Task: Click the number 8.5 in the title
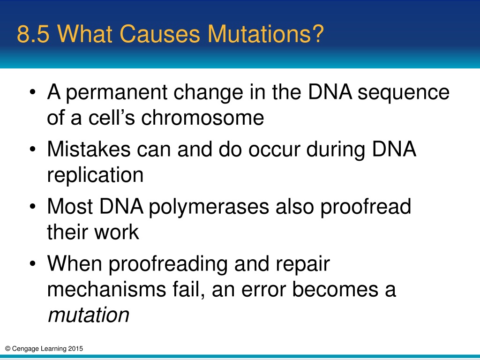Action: click(33, 34)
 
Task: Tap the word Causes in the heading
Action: click(159, 34)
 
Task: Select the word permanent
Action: click(117, 92)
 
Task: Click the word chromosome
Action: click(202, 118)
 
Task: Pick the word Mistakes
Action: click(89, 149)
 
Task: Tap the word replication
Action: click(95, 175)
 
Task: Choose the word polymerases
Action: click(209, 207)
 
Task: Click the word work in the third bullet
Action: click(116, 232)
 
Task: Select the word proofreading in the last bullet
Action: click(168, 264)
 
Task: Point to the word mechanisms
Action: click(106, 289)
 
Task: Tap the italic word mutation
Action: click(89, 315)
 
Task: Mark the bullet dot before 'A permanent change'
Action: click(33, 92)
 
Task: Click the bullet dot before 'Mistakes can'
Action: click(33, 149)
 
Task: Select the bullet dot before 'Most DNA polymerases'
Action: click(33, 206)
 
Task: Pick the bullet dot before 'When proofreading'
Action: click(33, 263)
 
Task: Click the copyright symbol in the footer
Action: click(8, 348)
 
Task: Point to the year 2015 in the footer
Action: click(75, 348)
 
